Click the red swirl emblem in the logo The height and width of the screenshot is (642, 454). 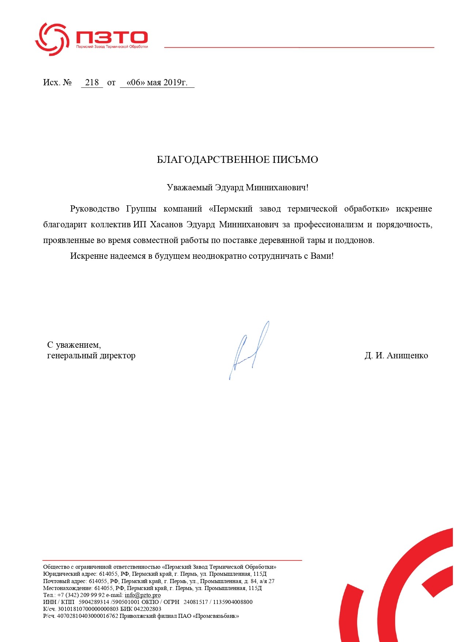click(52, 39)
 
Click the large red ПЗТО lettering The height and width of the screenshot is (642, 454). click(112, 37)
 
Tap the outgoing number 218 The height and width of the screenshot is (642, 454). click(92, 82)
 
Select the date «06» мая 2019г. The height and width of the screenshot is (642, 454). click(157, 82)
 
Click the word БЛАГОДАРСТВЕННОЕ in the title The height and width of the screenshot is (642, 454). click(213, 160)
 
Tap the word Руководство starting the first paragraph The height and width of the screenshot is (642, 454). click(95, 209)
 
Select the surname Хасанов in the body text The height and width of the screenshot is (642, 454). click(166, 224)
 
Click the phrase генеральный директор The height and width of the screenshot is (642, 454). click(91, 355)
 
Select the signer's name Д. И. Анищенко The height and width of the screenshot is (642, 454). click(396, 355)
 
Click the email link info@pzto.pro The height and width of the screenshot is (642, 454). click(143, 595)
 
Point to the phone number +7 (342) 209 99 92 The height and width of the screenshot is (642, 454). click(81, 595)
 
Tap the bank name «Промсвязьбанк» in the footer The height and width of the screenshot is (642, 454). click(217, 616)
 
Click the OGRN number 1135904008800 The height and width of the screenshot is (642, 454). click(233, 602)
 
